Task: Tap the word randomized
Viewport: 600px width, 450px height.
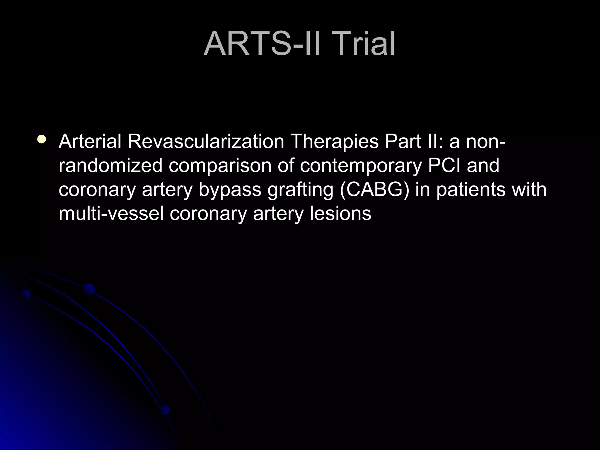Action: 110,166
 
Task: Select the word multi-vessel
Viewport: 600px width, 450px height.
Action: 111,214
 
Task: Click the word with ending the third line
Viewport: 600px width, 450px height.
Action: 529,189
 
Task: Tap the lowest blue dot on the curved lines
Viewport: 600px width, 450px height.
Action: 165,409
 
